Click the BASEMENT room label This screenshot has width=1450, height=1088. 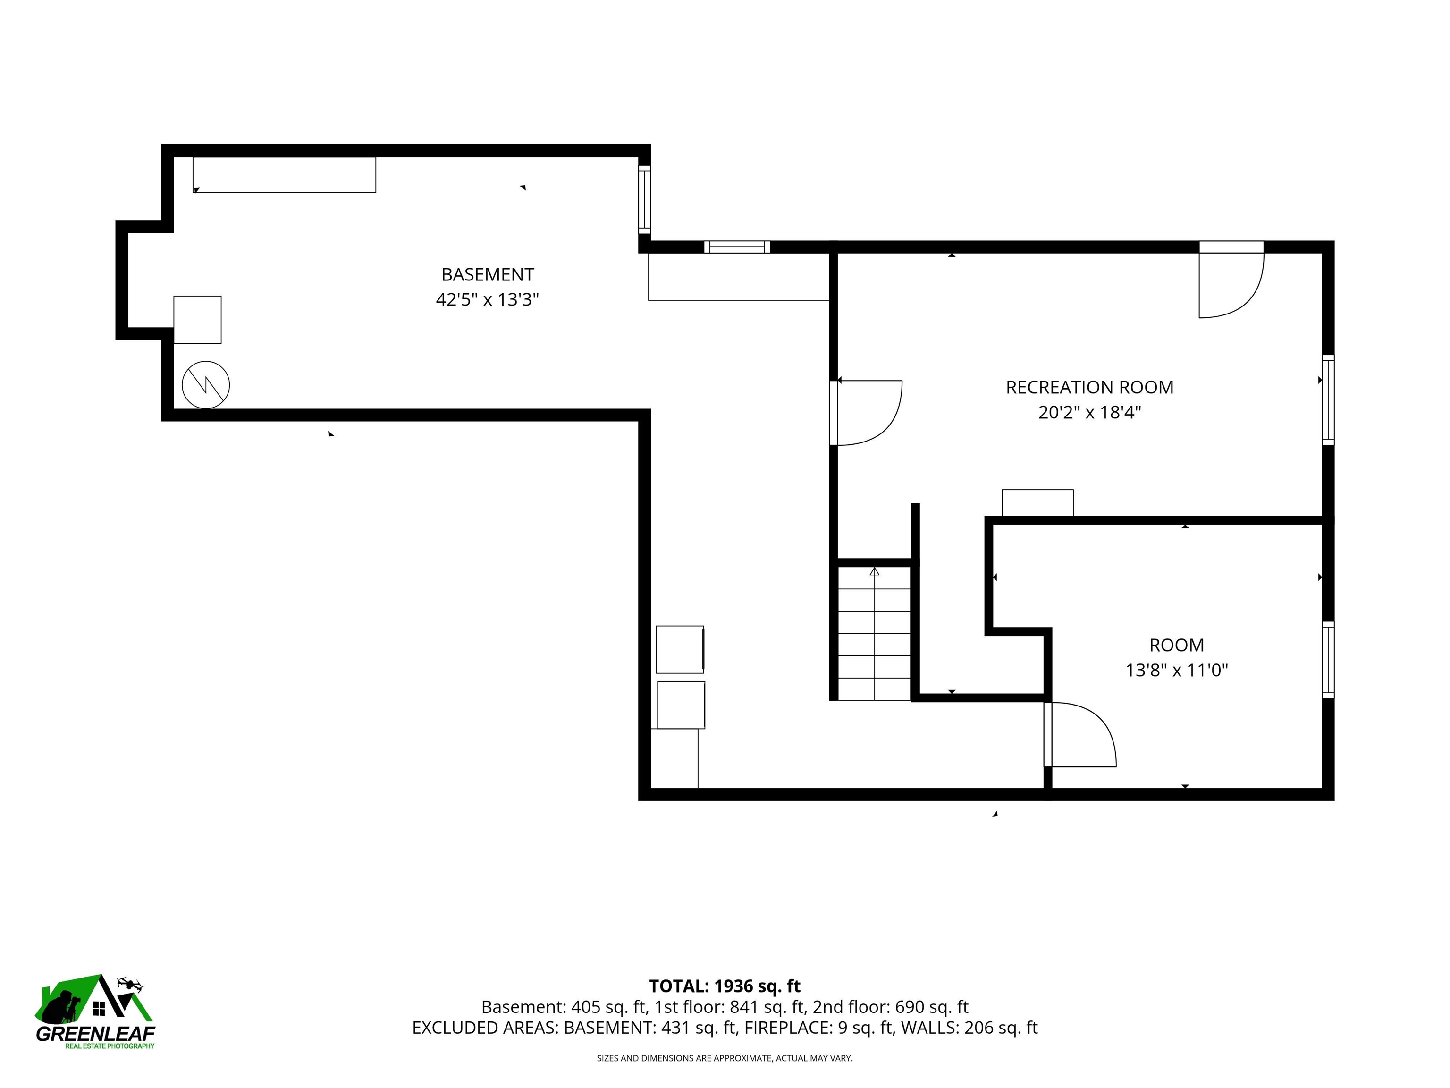[x=487, y=274]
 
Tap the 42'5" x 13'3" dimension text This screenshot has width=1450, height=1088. [x=487, y=300]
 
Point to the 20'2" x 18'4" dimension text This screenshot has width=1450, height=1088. [x=1089, y=413]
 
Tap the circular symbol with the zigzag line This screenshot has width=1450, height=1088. [x=206, y=385]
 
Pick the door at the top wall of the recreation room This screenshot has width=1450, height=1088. [x=1231, y=282]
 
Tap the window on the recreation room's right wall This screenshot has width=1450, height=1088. [x=1327, y=400]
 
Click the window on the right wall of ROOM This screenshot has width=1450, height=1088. [x=1327, y=660]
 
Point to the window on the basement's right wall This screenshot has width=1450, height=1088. [x=644, y=199]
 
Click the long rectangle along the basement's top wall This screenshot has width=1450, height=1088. [x=285, y=175]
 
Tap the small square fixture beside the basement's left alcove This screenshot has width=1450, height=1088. [x=197, y=319]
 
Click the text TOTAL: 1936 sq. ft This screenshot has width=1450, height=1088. [x=725, y=986]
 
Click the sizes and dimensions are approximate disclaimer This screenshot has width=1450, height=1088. [x=725, y=1058]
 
